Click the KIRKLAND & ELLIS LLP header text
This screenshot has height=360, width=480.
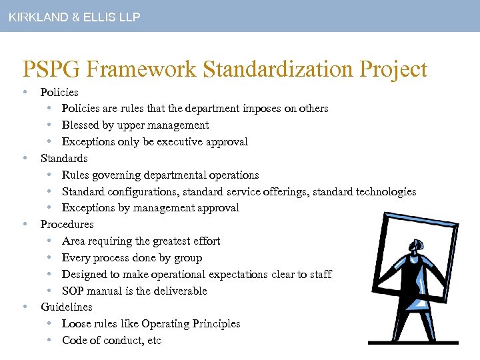(74, 17)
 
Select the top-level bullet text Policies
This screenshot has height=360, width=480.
(59, 92)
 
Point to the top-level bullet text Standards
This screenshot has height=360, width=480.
(64, 158)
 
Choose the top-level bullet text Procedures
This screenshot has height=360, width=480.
(67, 224)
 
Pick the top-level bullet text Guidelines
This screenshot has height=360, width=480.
(66, 307)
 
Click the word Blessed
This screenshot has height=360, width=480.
(80, 125)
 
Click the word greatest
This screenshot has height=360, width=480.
(174, 241)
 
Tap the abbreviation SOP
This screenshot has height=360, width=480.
(73, 291)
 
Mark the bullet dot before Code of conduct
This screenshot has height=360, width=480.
(51, 340)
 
